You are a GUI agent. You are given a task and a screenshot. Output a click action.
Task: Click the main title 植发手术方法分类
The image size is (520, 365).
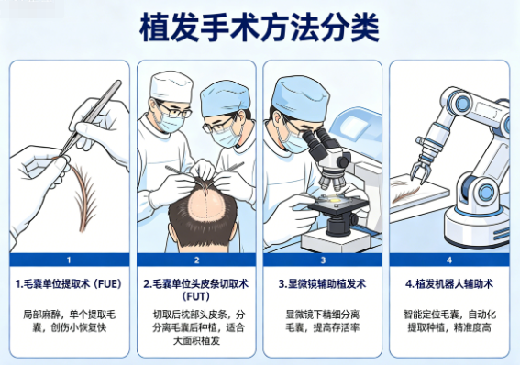tap(260, 28)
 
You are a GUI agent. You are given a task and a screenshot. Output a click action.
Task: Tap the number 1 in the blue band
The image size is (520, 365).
tap(69, 260)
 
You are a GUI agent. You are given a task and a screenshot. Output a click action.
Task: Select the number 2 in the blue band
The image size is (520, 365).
tap(196, 260)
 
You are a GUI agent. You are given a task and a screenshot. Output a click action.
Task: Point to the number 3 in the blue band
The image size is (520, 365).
tap(323, 260)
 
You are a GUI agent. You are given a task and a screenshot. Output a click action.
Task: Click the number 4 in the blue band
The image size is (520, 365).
tap(449, 260)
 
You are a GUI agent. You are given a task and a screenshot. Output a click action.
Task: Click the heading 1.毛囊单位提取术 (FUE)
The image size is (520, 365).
tap(69, 284)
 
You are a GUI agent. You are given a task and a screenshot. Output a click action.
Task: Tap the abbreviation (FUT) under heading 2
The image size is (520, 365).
tap(196, 296)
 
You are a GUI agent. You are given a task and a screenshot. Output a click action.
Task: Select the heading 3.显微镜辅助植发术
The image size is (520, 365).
tap(322, 284)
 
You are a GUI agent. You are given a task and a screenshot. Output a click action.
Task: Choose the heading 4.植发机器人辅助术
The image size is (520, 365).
tap(449, 284)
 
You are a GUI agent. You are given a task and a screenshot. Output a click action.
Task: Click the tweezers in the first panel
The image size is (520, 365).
tap(91, 117)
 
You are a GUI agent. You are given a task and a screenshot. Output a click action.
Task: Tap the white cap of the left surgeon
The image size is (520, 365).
tap(171, 86)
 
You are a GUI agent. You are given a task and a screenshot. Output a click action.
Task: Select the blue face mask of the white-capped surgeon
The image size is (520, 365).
tap(170, 123)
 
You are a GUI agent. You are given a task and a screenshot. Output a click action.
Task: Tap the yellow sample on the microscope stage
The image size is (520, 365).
tap(336, 200)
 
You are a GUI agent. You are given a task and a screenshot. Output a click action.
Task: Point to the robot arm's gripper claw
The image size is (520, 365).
tap(421, 171)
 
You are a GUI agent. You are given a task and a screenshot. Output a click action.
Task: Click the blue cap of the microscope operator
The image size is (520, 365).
tap(300, 98)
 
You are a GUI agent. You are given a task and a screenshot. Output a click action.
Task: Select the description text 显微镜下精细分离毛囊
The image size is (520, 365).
tap(322, 321)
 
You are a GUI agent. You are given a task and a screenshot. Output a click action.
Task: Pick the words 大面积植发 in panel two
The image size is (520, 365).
tap(196, 341)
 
